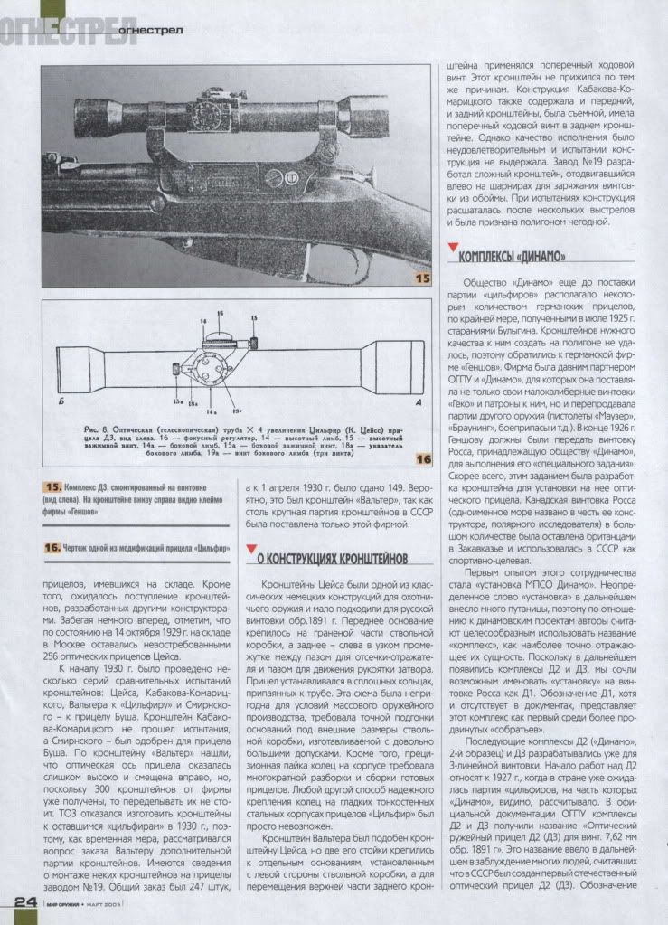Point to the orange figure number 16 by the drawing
421,460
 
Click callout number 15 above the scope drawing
254,319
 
